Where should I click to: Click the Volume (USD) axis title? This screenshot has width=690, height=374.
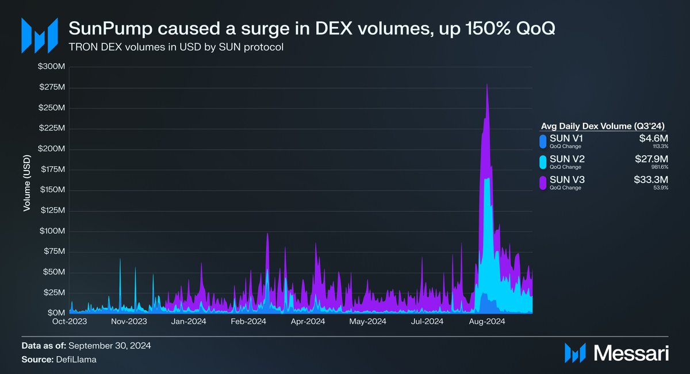pos(26,183)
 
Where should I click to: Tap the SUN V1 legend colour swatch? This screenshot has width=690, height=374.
pos(542,141)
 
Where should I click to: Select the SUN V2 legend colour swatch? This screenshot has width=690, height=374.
pos(542,163)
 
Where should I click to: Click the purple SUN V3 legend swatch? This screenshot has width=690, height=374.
pos(542,183)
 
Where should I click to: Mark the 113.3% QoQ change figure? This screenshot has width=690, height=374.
pos(658,146)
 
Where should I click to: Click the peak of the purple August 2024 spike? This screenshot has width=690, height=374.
pos(487,84)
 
